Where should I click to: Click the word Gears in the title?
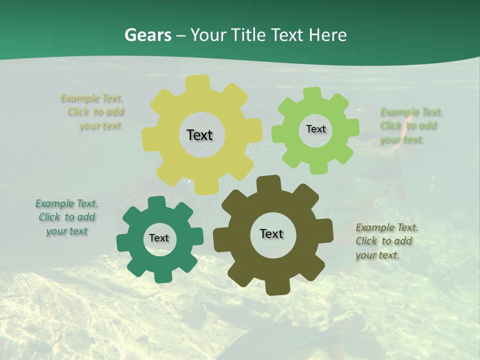pyautogui.click(x=147, y=35)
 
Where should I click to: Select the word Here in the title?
pyautogui.click(x=327, y=35)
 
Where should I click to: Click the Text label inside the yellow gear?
pyautogui.click(x=199, y=135)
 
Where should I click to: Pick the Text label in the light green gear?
pyautogui.click(x=315, y=129)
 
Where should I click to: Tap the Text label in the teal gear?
pyautogui.click(x=159, y=238)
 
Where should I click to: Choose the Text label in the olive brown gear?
pyautogui.click(x=271, y=234)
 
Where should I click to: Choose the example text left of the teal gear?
pyautogui.click(x=66, y=217)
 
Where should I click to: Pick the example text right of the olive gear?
pyautogui.click(x=386, y=241)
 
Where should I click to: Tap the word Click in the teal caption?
pyautogui.click(x=49, y=217)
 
